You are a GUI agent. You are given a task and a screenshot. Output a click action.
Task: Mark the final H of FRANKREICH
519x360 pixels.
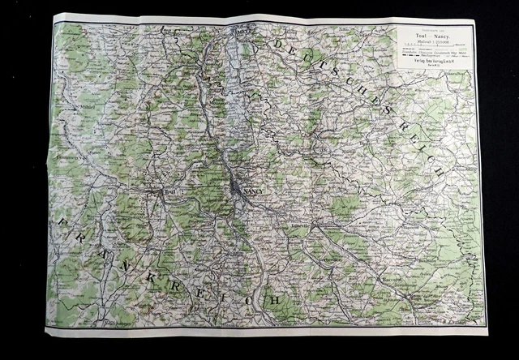click(274, 301)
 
